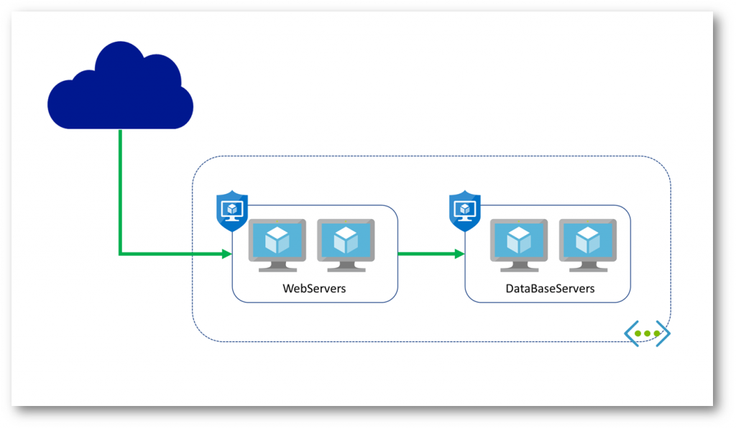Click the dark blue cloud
tap(120, 90)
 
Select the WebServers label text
tap(315, 289)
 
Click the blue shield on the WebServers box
tap(231, 211)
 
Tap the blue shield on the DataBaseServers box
tap(465, 211)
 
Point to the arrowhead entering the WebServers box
tap(226, 254)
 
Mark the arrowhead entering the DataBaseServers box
tap(459, 254)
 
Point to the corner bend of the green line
tap(121, 254)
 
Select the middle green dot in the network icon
tap(647, 334)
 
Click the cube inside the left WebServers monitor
tap(277, 239)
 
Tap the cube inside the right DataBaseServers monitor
tap(587, 239)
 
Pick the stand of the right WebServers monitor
tap(346, 267)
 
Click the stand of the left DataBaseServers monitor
tap(519, 267)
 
